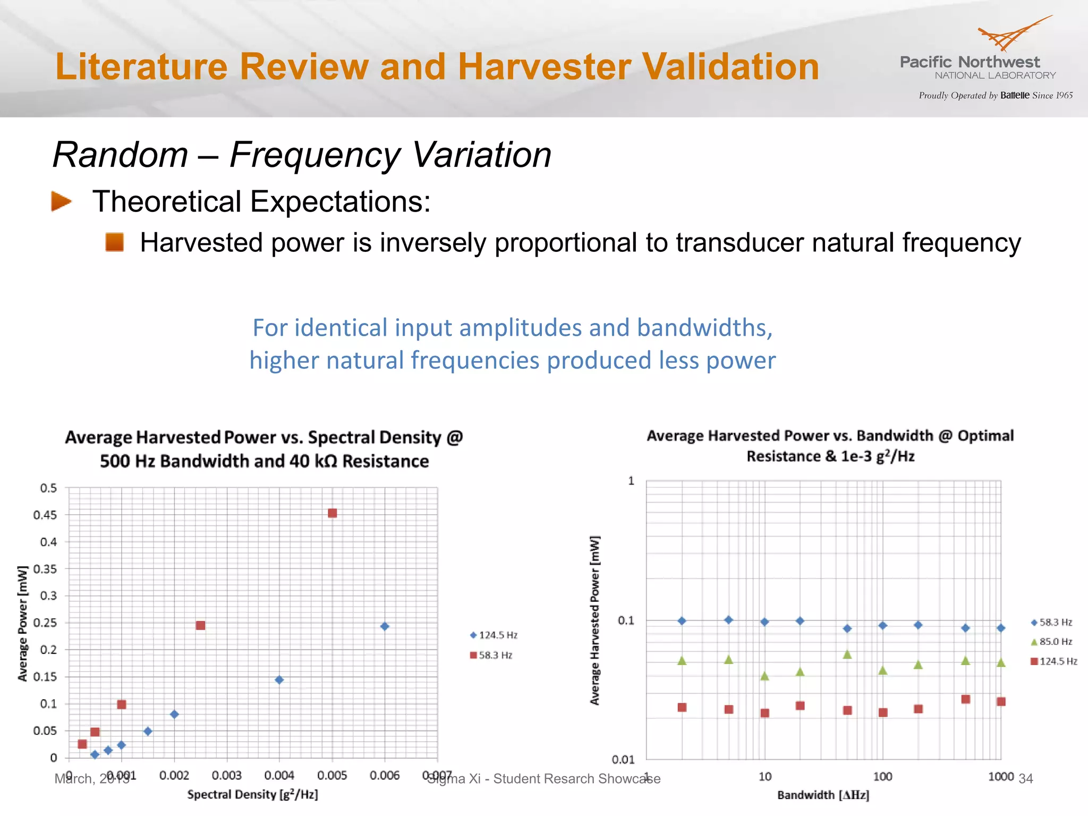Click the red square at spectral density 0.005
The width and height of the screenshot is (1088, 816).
[332, 513]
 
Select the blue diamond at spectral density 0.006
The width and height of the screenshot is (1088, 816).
[385, 626]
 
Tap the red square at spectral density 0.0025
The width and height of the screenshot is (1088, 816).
[200, 625]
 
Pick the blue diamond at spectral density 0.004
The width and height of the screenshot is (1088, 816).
[279, 680]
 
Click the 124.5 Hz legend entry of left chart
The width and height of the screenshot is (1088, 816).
[494, 635]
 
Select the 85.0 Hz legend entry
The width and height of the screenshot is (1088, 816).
[1051, 642]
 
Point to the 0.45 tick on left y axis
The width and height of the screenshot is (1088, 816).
[45, 515]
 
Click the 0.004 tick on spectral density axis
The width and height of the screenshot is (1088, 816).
[279, 776]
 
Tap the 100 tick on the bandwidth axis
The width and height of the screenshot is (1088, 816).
[882, 777]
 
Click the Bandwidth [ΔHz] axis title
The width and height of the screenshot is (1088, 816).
[823, 795]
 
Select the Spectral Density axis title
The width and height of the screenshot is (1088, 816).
[252, 795]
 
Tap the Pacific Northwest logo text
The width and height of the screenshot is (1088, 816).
[970, 62]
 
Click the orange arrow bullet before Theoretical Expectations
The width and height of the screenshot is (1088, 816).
[61, 201]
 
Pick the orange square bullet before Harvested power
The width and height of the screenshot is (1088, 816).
[115, 242]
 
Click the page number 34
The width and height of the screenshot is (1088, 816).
[1025, 779]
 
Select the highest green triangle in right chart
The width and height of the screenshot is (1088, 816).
[847, 654]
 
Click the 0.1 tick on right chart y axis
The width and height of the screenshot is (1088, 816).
[626, 620]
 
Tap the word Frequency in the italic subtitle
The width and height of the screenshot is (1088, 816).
[315, 155]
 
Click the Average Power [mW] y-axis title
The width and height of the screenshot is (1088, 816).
[22, 623]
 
